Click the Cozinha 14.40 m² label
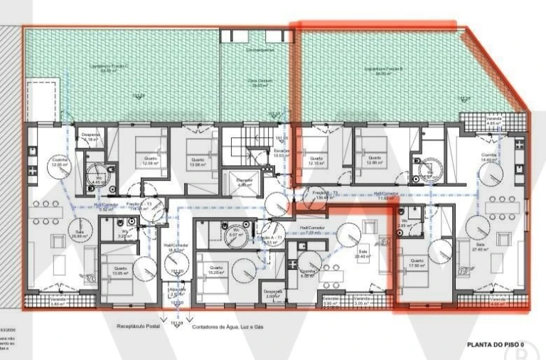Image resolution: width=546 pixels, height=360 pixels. pos(489,159)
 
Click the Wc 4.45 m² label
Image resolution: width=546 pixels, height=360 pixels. pos(98,179)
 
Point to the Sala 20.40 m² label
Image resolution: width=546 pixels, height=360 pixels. pos(363,253)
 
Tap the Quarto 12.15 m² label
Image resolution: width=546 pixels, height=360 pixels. pos(316,161)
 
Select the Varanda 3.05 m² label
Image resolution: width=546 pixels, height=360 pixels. pos(363,302)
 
